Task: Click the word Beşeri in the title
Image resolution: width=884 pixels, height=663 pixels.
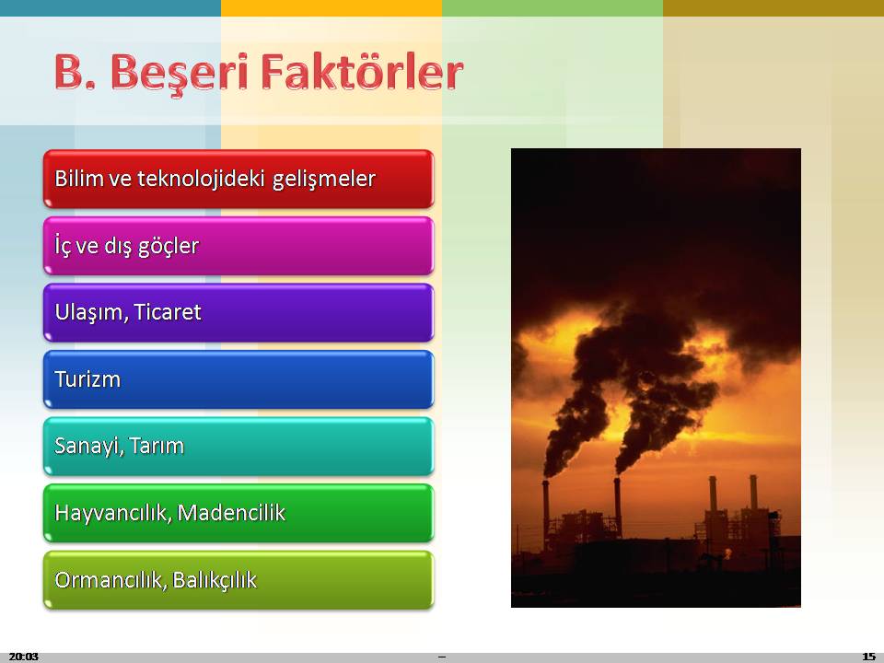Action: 179,73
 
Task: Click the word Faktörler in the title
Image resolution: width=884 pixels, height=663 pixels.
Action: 363,72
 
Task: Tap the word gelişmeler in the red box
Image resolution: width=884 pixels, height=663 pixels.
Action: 324,180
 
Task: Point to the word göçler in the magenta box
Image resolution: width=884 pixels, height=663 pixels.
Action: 169,247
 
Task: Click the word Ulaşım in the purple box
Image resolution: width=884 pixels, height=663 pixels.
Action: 91,313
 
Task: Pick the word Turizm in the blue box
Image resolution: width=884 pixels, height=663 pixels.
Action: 87,378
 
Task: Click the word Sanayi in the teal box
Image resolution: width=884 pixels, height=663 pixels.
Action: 89,447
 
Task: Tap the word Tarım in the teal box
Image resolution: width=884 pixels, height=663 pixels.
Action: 157,446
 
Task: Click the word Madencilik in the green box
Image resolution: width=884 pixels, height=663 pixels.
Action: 231,513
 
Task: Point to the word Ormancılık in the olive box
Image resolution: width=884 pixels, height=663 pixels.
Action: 109,580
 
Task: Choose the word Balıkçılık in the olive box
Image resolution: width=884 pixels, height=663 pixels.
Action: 215,580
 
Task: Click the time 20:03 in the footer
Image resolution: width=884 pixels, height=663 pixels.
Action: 24,657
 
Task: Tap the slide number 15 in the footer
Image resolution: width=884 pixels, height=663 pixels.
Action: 868,657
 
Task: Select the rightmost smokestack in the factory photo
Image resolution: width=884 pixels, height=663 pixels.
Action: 753,494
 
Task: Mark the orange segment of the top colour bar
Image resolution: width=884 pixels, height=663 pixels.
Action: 331,8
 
